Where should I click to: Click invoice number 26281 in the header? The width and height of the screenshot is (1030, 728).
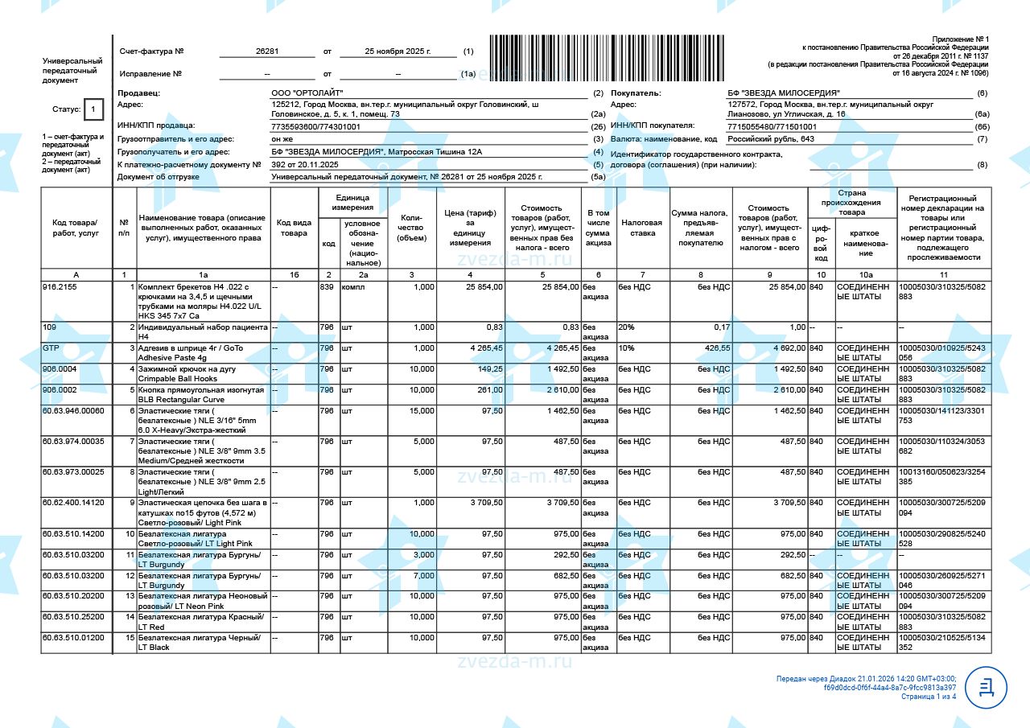267,51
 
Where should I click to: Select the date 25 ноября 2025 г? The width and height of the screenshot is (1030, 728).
398,51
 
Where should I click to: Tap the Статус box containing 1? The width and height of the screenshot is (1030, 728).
93,109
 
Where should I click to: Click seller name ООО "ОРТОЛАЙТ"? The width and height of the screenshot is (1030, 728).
302,93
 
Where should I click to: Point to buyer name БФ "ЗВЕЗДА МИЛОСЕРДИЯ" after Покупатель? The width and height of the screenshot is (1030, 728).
783,93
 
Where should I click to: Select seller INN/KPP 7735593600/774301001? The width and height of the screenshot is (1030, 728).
316,126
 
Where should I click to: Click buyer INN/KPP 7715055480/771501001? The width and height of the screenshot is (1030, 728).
772,126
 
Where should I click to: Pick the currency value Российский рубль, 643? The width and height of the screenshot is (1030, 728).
771,139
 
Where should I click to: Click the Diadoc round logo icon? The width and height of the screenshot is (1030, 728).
986,687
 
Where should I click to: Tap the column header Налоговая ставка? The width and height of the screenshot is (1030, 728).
641,228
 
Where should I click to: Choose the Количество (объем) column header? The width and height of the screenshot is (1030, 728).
410,228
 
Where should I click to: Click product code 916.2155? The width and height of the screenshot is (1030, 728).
60,286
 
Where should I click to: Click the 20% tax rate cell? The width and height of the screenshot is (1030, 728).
626,327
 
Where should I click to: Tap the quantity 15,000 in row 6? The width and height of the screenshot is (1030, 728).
419,411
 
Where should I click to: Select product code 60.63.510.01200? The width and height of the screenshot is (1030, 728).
73,638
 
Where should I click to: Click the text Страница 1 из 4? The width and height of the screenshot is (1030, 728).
929,697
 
